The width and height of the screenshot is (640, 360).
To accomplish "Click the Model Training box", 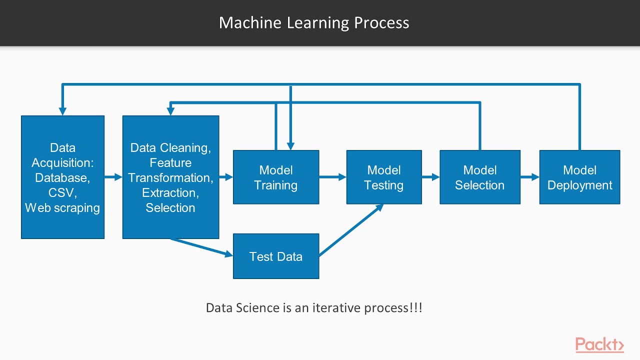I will pos(276,177).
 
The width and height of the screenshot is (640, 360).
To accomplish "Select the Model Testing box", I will pos(384,177).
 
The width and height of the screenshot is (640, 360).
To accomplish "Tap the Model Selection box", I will pos(479,177).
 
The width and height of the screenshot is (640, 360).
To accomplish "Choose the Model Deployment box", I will pos(579,177).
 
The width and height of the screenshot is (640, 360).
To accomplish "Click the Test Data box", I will pos(276,256).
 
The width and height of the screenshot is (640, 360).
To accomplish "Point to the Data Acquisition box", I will pos(62,177).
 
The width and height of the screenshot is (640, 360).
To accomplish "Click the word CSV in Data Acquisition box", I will pos(61,193).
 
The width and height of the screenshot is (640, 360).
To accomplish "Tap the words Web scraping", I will pos(62,208).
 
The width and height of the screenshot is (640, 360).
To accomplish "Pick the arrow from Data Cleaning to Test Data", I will pos(202,248).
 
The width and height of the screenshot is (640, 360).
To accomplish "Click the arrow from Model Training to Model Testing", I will pos(332,177).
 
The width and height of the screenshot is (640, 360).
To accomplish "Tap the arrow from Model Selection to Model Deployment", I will pos(529,177).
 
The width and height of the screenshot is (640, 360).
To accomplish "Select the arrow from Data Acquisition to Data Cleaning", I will pos(113,177).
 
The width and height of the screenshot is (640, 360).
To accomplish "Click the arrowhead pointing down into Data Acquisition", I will pos(62,111).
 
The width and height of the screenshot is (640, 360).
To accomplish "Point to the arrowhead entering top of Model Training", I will pos(291,145).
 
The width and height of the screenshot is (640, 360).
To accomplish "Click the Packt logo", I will pos(599,345).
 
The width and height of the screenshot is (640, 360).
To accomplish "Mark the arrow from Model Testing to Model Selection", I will pos(430,177).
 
